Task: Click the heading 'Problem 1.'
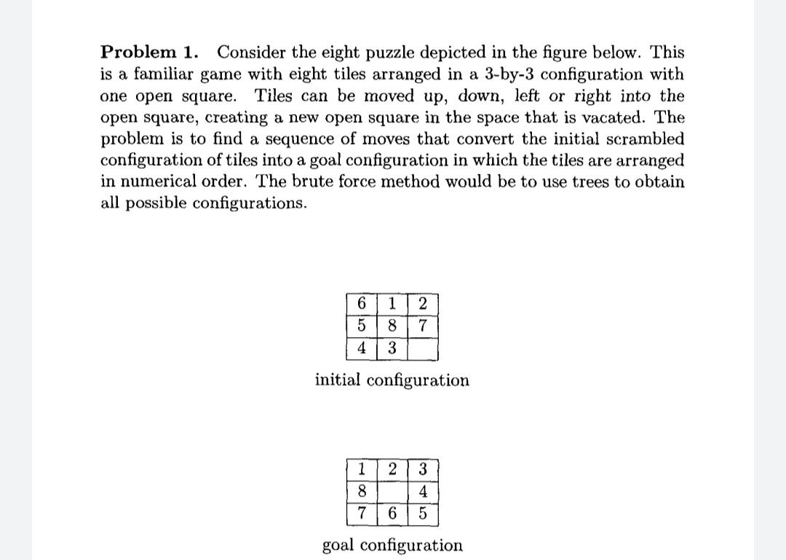click(148, 52)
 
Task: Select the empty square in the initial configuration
click(422, 349)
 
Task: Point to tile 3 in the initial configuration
click(392, 349)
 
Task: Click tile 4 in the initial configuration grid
click(362, 349)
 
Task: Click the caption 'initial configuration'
click(392, 380)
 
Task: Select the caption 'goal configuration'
click(392, 545)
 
